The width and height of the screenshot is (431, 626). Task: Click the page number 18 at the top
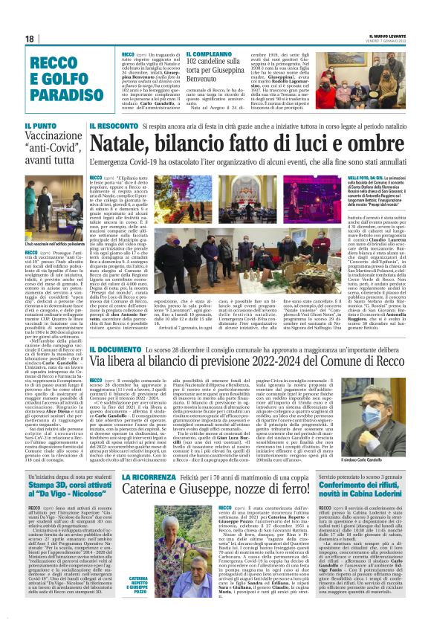30,39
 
